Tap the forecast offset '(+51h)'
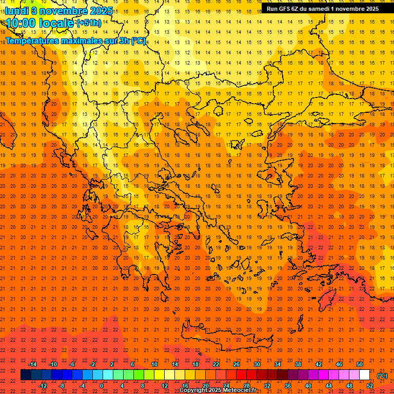pos(88,23)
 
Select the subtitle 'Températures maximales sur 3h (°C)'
pos(75,41)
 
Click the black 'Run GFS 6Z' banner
pos(322,8)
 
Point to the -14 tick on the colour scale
pos(32,364)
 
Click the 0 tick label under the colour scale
pos(102,386)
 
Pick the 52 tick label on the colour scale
pos(370,386)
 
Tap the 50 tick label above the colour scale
pos(360,364)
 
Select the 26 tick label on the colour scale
pos(237,364)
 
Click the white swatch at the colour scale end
pos(364,375)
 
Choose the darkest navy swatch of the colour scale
pos(26,375)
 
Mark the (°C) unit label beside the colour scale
pos(382,376)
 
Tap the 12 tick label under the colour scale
pos(165,386)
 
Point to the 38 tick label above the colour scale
pos(298,364)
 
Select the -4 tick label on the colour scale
pos(83,386)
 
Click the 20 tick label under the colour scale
pos(206,386)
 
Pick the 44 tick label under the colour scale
pos(329,386)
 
